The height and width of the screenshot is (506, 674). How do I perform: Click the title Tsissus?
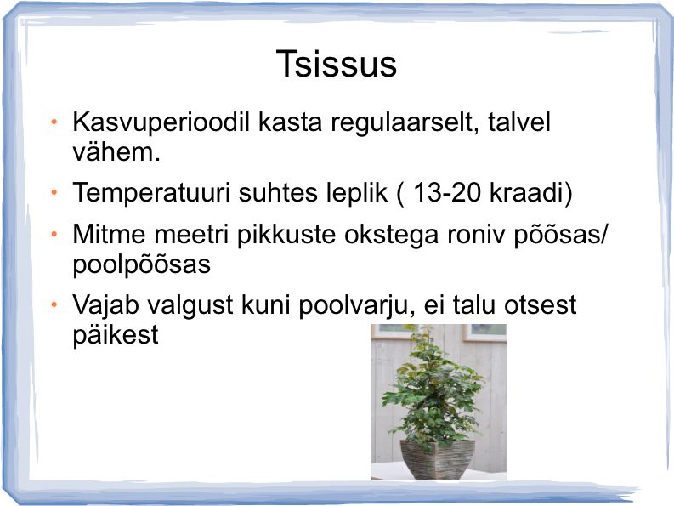point(337,64)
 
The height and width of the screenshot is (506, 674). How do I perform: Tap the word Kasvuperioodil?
point(161,122)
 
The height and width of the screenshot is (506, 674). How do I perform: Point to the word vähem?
point(116,152)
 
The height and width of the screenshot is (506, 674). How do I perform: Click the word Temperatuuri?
point(152,192)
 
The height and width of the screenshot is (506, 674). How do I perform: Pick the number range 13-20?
point(446,192)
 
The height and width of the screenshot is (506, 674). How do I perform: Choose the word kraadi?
point(527,192)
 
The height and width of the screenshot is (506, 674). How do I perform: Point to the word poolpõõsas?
point(141,264)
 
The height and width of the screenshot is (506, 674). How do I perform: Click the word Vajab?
point(105,305)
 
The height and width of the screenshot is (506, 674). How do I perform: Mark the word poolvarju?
point(353,305)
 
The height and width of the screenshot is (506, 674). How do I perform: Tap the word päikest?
point(116,335)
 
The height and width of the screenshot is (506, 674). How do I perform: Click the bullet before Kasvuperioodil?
point(54,122)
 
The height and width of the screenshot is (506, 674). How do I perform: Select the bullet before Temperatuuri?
point(54,192)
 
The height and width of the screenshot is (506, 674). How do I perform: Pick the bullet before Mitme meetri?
point(54,234)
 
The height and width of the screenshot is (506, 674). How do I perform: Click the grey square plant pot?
point(437,459)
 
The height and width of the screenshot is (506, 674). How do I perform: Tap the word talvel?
point(518,122)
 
